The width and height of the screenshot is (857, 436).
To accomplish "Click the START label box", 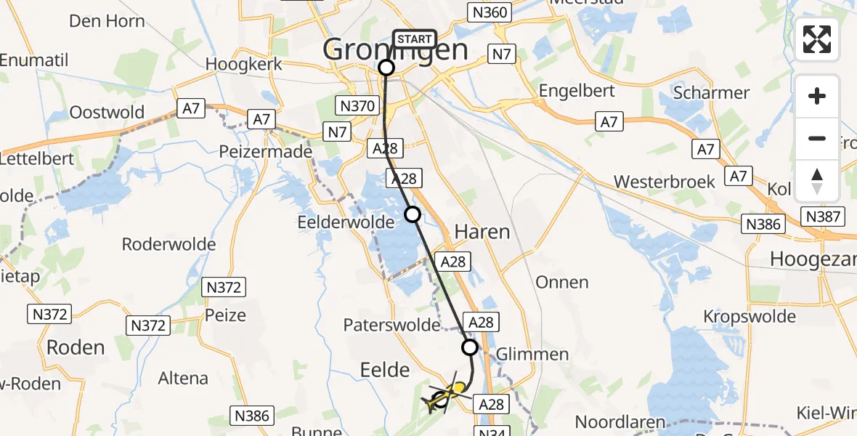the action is click(415, 39).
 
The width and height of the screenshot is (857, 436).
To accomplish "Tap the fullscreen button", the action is click(817, 39).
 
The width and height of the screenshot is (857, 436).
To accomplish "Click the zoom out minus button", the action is click(817, 138).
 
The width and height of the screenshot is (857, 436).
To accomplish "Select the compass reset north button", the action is click(817, 180).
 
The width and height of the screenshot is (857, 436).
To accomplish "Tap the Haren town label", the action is click(482, 232).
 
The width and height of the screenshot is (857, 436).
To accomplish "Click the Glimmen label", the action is click(532, 354).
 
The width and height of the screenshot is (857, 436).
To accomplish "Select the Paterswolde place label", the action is click(393, 324).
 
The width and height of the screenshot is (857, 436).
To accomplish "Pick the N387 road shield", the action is click(823, 216).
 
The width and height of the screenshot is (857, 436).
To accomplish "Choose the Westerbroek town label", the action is click(664, 181).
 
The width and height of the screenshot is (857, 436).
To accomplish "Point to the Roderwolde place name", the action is click(169, 243).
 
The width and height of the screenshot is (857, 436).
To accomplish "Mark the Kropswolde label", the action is click(750, 316).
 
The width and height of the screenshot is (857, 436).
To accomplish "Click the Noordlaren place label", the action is click(620, 421).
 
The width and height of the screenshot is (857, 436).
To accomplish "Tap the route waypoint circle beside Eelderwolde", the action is click(413, 214).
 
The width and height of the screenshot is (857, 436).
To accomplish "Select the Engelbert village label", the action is click(577, 91).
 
